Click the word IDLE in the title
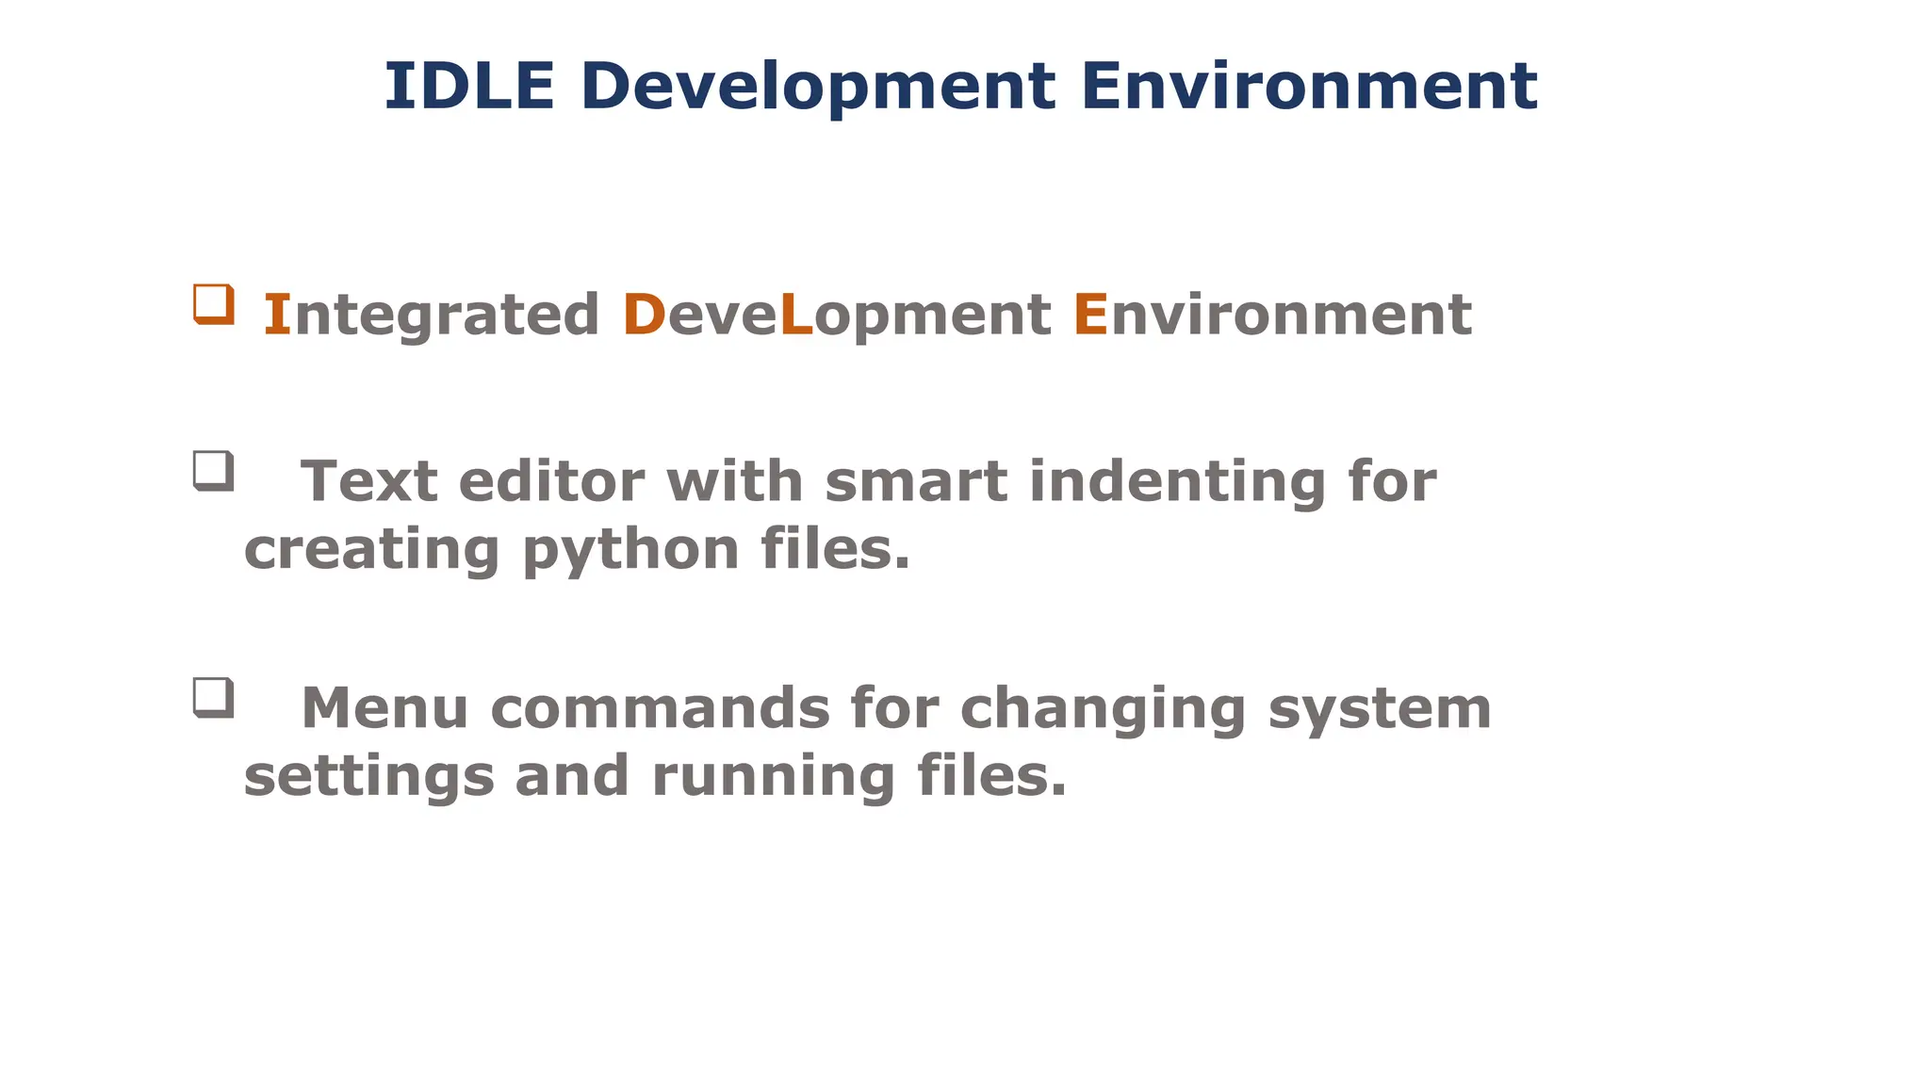pyautogui.click(x=468, y=86)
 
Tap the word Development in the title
pyautogui.click(x=817, y=86)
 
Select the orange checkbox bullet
pyautogui.click(x=213, y=304)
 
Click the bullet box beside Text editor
pyautogui.click(x=213, y=470)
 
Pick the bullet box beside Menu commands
pyautogui.click(x=213, y=697)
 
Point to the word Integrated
pyautogui.click(x=431, y=315)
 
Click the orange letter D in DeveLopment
pyautogui.click(x=644, y=315)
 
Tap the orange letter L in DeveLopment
pyautogui.click(x=795, y=315)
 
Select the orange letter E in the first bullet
pyautogui.click(x=1089, y=315)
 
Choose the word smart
pyautogui.click(x=915, y=481)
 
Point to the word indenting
pyautogui.click(x=1177, y=483)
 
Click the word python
pyautogui.click(x=630, y=550)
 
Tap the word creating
pyautogui.click(x=371, y=550)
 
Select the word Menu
pyautogui.click(x=384, y=708)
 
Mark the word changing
pyautogui.click(x=1103, y=710)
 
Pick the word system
pyautogui.click(x=1379, y=710)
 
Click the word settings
pyautogui.click(x=368, y=777)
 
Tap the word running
pyautogui.click(x=773, y=777)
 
